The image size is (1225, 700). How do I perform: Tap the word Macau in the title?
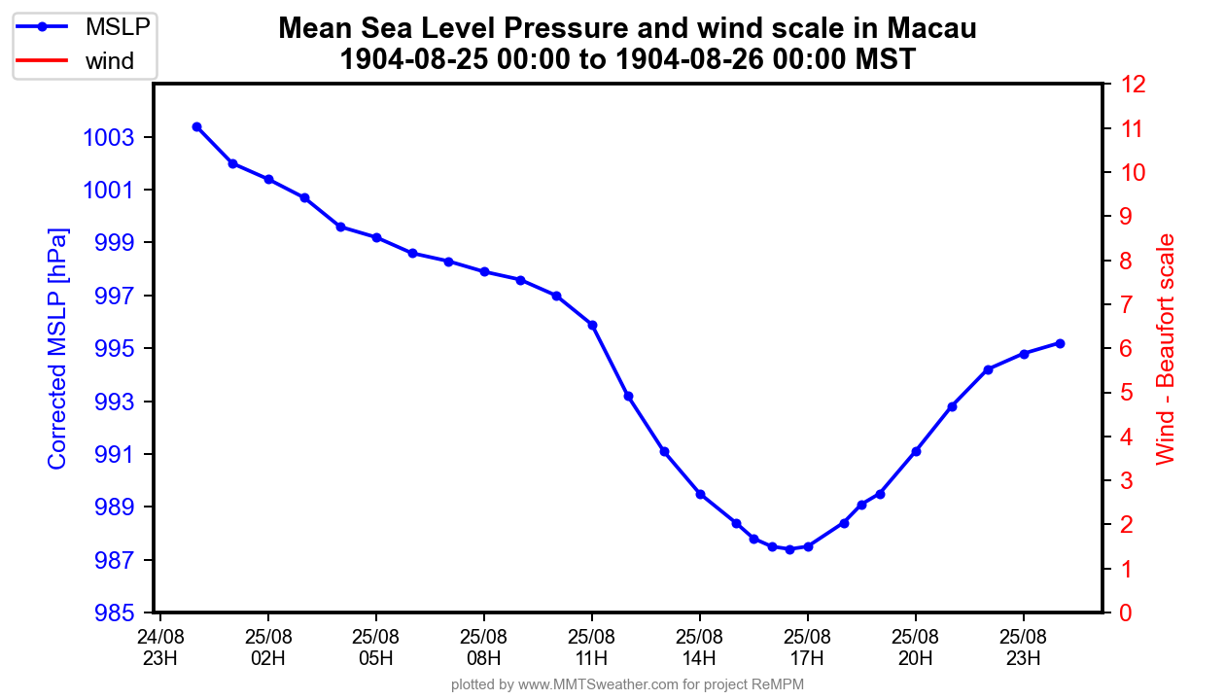tap(934, 29)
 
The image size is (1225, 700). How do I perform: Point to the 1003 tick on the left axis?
tap(116, 137)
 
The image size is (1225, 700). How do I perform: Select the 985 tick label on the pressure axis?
tap(116, 613)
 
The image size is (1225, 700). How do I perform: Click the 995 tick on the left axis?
tap(116, 349)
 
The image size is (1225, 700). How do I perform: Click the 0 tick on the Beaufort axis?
tap(1125, 613)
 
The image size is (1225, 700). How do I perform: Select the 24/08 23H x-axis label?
tap(160, 647)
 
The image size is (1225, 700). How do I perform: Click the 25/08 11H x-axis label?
tap(592, 647)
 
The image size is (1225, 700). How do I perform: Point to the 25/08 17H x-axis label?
tap(808, 647)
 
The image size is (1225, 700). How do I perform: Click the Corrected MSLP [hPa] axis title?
tap(58, 349)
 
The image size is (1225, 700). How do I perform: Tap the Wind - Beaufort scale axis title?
tap(1166, 349)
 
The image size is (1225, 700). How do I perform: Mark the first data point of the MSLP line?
tap(196, 126)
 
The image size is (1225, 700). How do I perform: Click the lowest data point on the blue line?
tap(789, 549)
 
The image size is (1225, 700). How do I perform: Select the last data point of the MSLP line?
tap(1060, 343)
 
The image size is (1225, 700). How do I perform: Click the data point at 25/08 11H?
tap(592, 325)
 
